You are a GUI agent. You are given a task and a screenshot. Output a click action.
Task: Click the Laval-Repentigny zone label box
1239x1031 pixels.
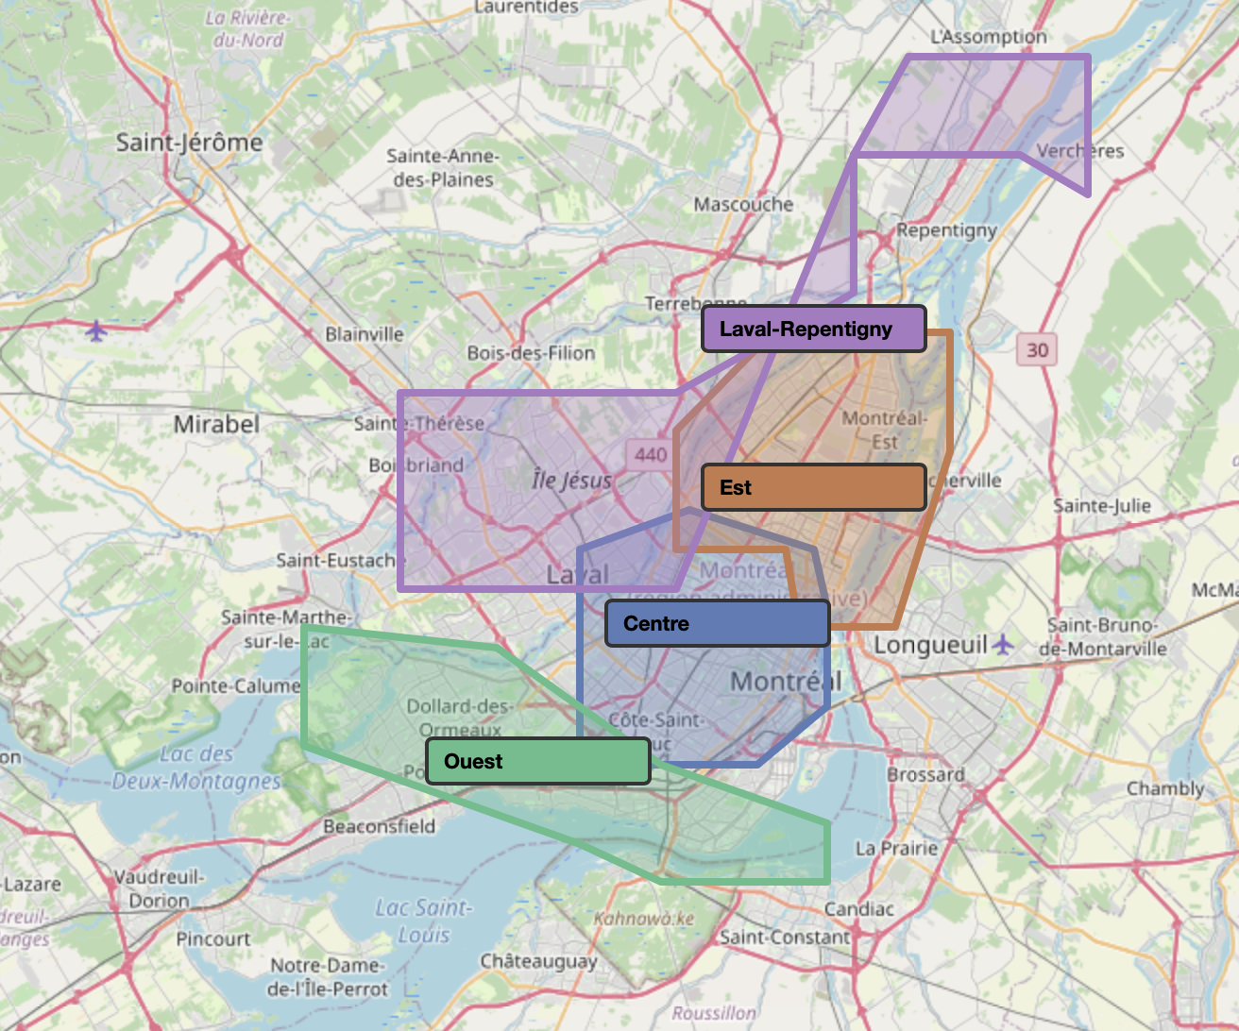tap(813, 329)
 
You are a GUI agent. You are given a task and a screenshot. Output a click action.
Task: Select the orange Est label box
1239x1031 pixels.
tap(813, 487)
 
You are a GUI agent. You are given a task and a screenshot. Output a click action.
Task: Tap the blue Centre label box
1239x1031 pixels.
tap(717, 623)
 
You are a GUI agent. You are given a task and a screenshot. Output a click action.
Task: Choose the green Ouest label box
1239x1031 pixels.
tap(538, 761)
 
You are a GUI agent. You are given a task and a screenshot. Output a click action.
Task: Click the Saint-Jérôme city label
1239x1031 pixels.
tap(189, 143)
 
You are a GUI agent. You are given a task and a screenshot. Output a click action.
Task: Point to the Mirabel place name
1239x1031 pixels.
tap(216, 424)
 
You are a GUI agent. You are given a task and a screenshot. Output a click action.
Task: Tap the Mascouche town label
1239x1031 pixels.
tap(743, 204)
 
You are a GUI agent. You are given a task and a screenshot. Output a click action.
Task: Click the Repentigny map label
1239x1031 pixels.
tap(946, 229)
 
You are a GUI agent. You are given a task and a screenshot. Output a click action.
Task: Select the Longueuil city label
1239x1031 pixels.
tap(930, 645)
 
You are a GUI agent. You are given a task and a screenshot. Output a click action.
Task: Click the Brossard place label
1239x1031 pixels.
tap(925, 774)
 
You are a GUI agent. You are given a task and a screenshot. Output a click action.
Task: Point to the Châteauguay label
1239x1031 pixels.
tap(538, 961)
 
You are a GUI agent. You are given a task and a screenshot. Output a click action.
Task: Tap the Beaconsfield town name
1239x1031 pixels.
tap(380, 826)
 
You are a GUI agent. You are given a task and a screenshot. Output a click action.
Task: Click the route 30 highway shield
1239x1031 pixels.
tap(1037, 350)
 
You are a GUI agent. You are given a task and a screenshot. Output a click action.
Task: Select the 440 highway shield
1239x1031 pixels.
tap(651, 454)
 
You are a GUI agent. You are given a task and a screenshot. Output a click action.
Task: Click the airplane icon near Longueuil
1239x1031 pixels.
tap(1003, 645)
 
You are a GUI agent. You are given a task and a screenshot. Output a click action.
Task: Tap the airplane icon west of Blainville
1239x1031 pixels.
tap(95, 331)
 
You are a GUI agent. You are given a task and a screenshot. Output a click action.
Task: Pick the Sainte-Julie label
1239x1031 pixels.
tap(1102, 506)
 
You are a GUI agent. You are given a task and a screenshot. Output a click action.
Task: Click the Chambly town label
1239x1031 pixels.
tap(1165, 788)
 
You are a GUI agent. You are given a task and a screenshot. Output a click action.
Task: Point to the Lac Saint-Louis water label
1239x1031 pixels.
tap(423, 921)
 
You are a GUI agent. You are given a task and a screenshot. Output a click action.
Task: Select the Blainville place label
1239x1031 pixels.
tap(364, 334)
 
